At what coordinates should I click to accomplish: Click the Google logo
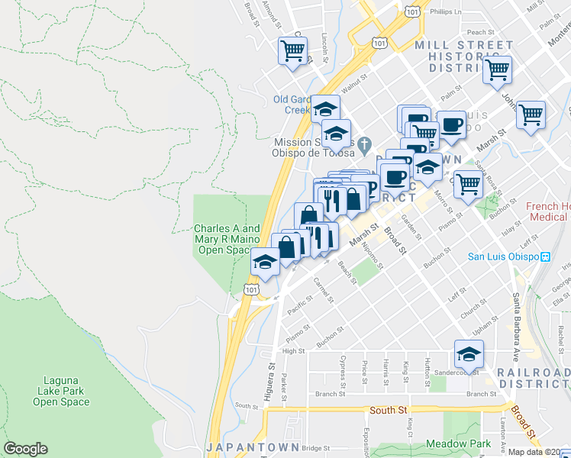coord(25,449)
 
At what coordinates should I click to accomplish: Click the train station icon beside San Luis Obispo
coord(545,256)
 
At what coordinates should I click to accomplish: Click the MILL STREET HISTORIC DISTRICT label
coord(464,56)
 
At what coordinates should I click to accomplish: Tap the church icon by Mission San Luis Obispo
coord(365,143)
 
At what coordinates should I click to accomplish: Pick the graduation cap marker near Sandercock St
coord(469,353)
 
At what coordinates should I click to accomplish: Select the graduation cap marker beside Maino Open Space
coord(265,263)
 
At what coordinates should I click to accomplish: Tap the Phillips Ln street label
coord(446,12)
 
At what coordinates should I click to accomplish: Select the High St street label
coord(293,351)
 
